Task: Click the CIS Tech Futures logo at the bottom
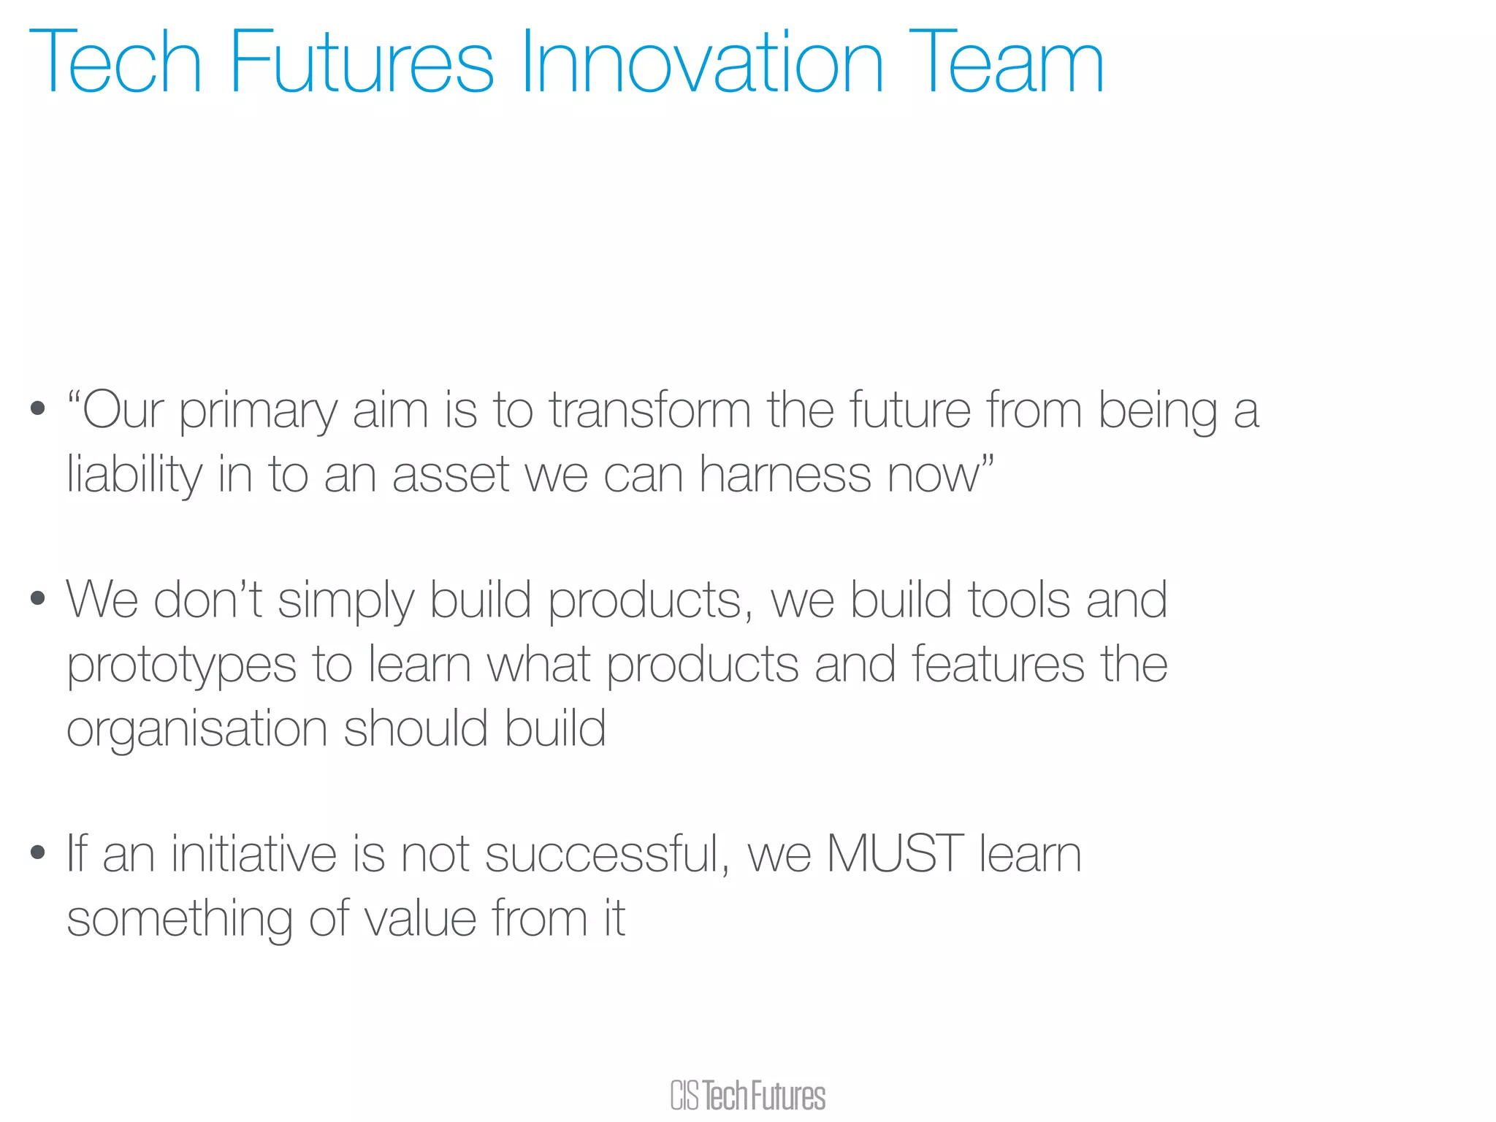(x=747, y=1096)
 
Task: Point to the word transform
(x=650, y=411)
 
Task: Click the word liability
(x=134, y=476)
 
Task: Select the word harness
(x=785, y=475)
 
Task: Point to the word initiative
(x=253, y=853)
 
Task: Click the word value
(x=421, y=918)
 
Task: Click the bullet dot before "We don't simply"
(x=38, y=600)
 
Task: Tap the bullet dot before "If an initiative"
(x=38, y=852)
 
